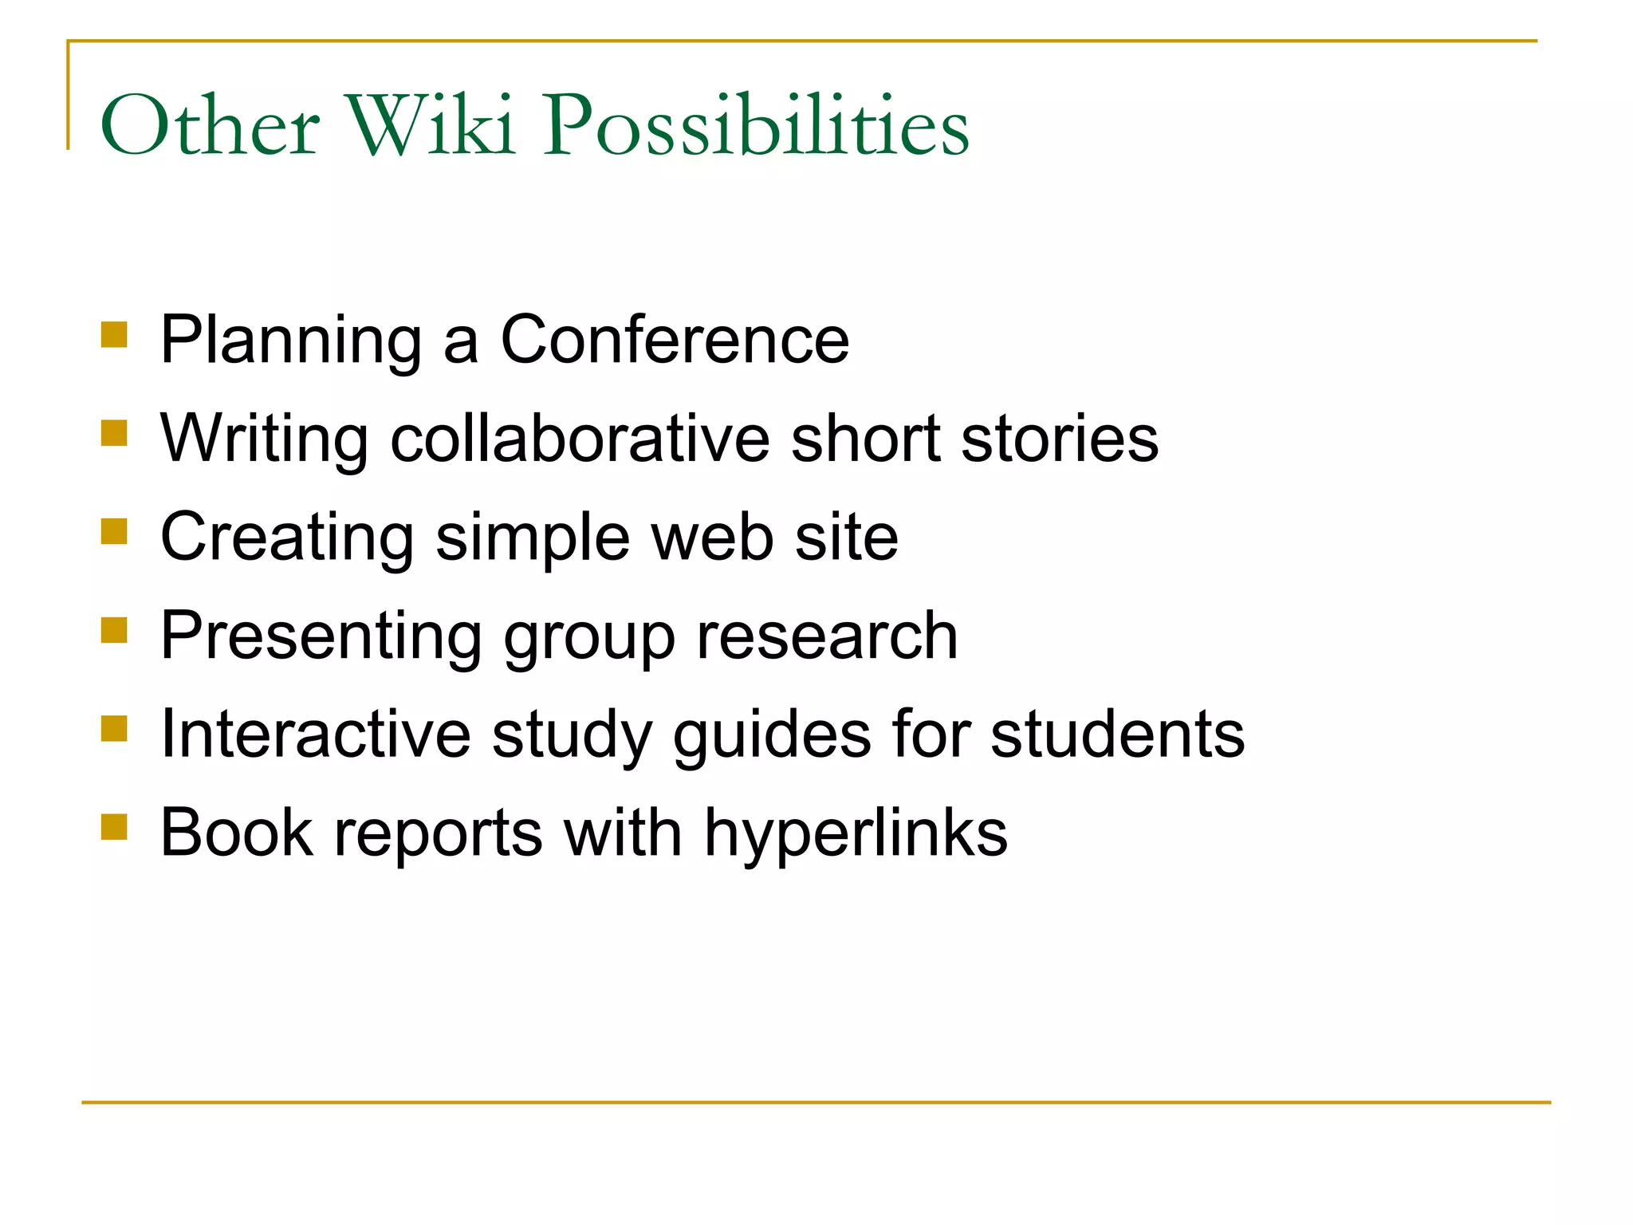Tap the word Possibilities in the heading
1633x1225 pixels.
tap(756, 125)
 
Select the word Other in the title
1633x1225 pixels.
tap(210, 125)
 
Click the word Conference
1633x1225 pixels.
tap(675, 340)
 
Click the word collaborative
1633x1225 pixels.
tap(580, 439)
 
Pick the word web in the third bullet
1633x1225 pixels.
tap(713, 538)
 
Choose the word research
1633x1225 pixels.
tap(827, 636)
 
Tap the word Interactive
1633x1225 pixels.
tap(316, 734)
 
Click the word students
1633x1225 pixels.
tap(1117, 734)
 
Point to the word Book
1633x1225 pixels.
tap(237, 833)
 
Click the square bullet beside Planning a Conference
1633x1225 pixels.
tap(115, 334)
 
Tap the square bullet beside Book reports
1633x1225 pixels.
tap(115, 827)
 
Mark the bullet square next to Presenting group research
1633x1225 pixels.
tap(115, 630)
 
